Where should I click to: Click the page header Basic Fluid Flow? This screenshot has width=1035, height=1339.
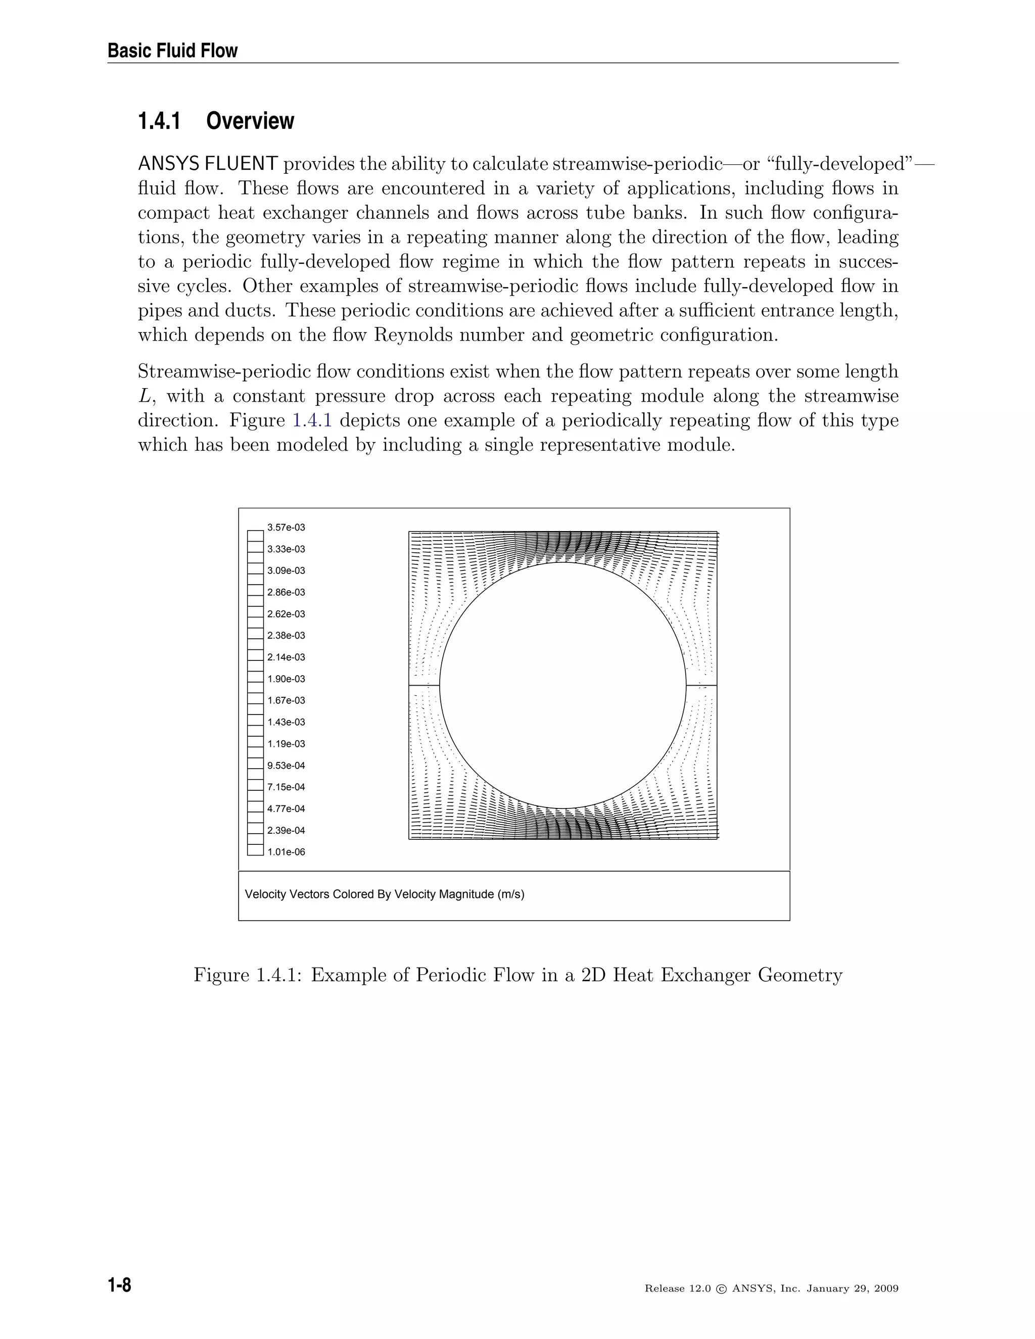click(x=172, y=50)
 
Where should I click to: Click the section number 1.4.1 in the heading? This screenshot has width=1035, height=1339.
click(x=159, y=121)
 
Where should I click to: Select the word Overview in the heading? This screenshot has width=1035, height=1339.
click(x=250, y=121)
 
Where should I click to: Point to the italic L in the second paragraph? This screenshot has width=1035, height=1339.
click(x=144, y=397)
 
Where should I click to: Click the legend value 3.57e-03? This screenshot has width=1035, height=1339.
click(x=286, y=527)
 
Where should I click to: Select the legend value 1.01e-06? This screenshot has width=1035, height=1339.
click(x=286, y=851)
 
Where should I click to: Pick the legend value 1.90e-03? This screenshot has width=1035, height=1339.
click(x=286, y=679)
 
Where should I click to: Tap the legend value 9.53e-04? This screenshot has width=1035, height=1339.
click(x=286, y=765)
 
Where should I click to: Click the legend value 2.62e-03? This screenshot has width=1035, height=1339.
click(x=286, y=614)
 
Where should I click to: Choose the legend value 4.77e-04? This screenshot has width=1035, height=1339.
click(x=286, y=808)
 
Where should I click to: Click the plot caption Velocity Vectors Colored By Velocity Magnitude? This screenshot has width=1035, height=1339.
click(x=385, y=894)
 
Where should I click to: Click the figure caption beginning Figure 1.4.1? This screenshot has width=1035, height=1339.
click(x=517, y=974)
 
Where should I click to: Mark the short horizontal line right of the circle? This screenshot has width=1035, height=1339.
click(x=701, y=685)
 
